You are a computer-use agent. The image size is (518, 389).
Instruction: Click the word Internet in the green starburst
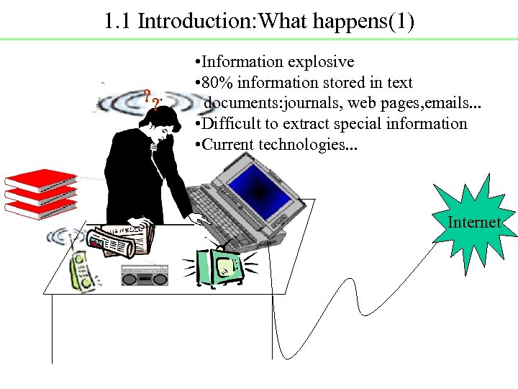click(473, 222)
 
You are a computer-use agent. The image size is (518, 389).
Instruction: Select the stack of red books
click(40, 192)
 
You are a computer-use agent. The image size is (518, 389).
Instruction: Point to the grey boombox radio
click(144, 275)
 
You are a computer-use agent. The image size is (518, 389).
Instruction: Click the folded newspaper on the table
click(122, 238)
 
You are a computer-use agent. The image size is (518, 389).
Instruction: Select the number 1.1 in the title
click(117, 21)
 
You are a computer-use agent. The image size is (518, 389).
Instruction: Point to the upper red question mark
click(147, 95)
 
